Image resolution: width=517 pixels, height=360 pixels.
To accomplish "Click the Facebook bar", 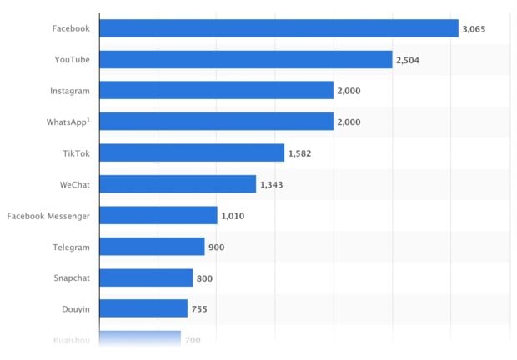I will pyautogui.click(x=279, y=28).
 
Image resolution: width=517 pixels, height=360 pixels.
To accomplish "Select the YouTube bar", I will pyautogui.click(x=245, y=59).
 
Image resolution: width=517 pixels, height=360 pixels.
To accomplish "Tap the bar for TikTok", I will pyautogui.click(x=191, y=152).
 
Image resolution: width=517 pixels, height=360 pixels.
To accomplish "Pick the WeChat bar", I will pyautogui.click(x=177, y=184).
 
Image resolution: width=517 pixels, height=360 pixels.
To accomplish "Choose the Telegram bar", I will pyautogui.click(x=151, y=247).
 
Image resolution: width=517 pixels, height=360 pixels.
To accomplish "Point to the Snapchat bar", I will pyautogui.click(x=145, y=277).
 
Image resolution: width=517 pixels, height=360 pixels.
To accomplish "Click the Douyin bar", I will pyautogui.click(x=143, y=309).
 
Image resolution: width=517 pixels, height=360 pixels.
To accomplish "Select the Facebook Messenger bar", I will pyautogui.click(x=158, y=216).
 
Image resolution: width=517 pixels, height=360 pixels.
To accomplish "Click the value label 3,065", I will pyautogui.click(x=474, y=29).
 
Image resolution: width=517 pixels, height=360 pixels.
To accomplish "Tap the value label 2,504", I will pyautogui.click(x=407, y=60).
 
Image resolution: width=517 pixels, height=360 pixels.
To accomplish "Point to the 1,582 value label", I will pyautogui.click(x=299, y=153).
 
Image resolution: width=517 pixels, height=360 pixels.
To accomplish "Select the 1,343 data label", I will pyautogui.click(x=271, y=185).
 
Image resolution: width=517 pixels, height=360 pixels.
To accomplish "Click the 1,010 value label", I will pyautogui.click(x=233, y=217).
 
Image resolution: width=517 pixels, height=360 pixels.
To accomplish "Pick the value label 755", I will pyautogui.click(x=199, y=310).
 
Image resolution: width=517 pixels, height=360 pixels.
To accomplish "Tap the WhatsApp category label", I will pyautogui.click(x=68, y=122).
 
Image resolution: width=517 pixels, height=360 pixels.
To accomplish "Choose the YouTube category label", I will pyautogui.click(x=72, y=59).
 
